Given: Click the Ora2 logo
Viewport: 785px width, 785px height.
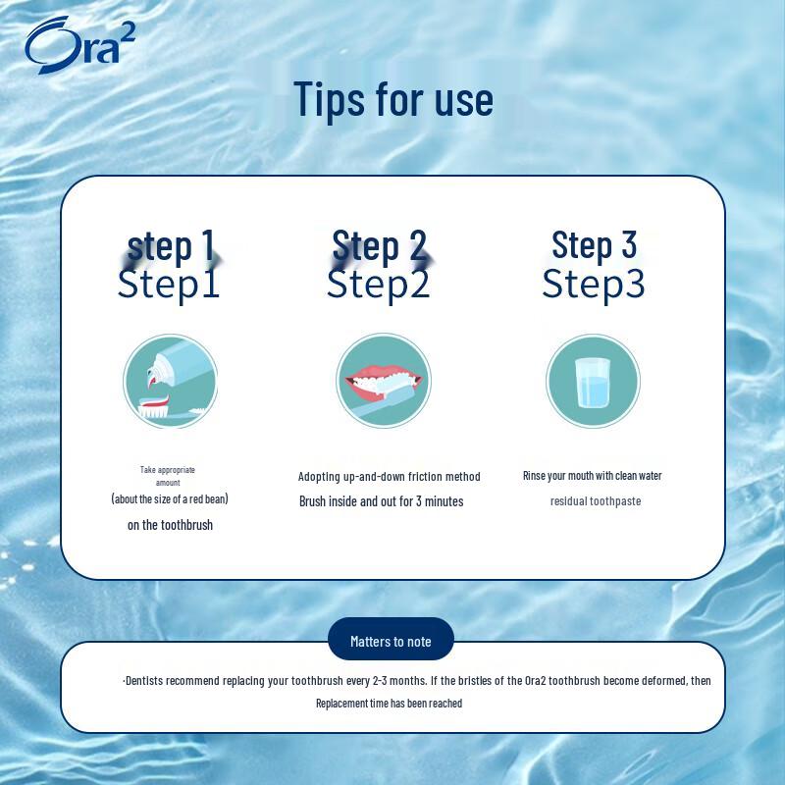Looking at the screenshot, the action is coord(80,45).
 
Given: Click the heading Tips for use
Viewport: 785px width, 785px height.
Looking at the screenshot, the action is coord(393,100).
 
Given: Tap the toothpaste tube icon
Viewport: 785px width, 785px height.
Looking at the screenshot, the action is coord(170,381).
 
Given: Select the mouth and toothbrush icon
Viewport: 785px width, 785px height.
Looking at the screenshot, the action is coord(384,381).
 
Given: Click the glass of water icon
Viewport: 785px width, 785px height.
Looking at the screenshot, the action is coord(594,381).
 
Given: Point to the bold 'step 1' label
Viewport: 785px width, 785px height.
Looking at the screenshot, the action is coord(171,245).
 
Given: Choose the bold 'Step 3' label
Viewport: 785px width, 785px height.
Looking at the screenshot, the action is coord(594,244).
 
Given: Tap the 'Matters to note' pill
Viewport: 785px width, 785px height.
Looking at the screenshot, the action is coord(391,642).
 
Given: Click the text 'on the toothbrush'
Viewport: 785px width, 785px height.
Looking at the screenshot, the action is coord(170,525).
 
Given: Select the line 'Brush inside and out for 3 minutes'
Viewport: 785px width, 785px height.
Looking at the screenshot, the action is coord(382,501).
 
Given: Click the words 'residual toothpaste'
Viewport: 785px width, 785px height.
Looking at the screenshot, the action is coord(596,501).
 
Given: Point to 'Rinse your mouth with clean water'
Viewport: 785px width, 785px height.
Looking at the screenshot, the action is coord(593,476).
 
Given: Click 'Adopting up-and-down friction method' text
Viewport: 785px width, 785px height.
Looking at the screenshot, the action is coord(389,477).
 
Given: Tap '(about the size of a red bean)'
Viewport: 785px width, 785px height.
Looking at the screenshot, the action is coord(170,498).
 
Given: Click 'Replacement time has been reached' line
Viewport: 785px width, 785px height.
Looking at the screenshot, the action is coord(389,703).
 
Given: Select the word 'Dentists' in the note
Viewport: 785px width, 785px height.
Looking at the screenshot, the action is coord(144,680).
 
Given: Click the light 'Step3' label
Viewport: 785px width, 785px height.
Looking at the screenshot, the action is coord(594,284).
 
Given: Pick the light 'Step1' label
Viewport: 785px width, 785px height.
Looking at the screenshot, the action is coord(169,284).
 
